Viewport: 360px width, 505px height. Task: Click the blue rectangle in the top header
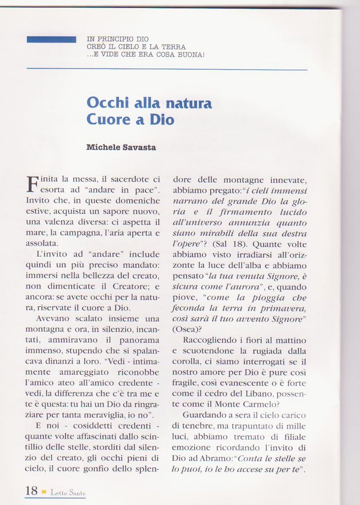(x=51, y=39)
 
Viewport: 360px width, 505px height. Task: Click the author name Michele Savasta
(x=121, y=147)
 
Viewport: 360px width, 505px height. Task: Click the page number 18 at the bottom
(x=31, y=491)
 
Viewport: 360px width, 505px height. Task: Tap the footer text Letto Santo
(x=68, y=493)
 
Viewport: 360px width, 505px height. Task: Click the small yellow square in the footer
(x=44, y=491)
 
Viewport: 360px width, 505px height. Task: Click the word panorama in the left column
(x=140, y=340)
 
